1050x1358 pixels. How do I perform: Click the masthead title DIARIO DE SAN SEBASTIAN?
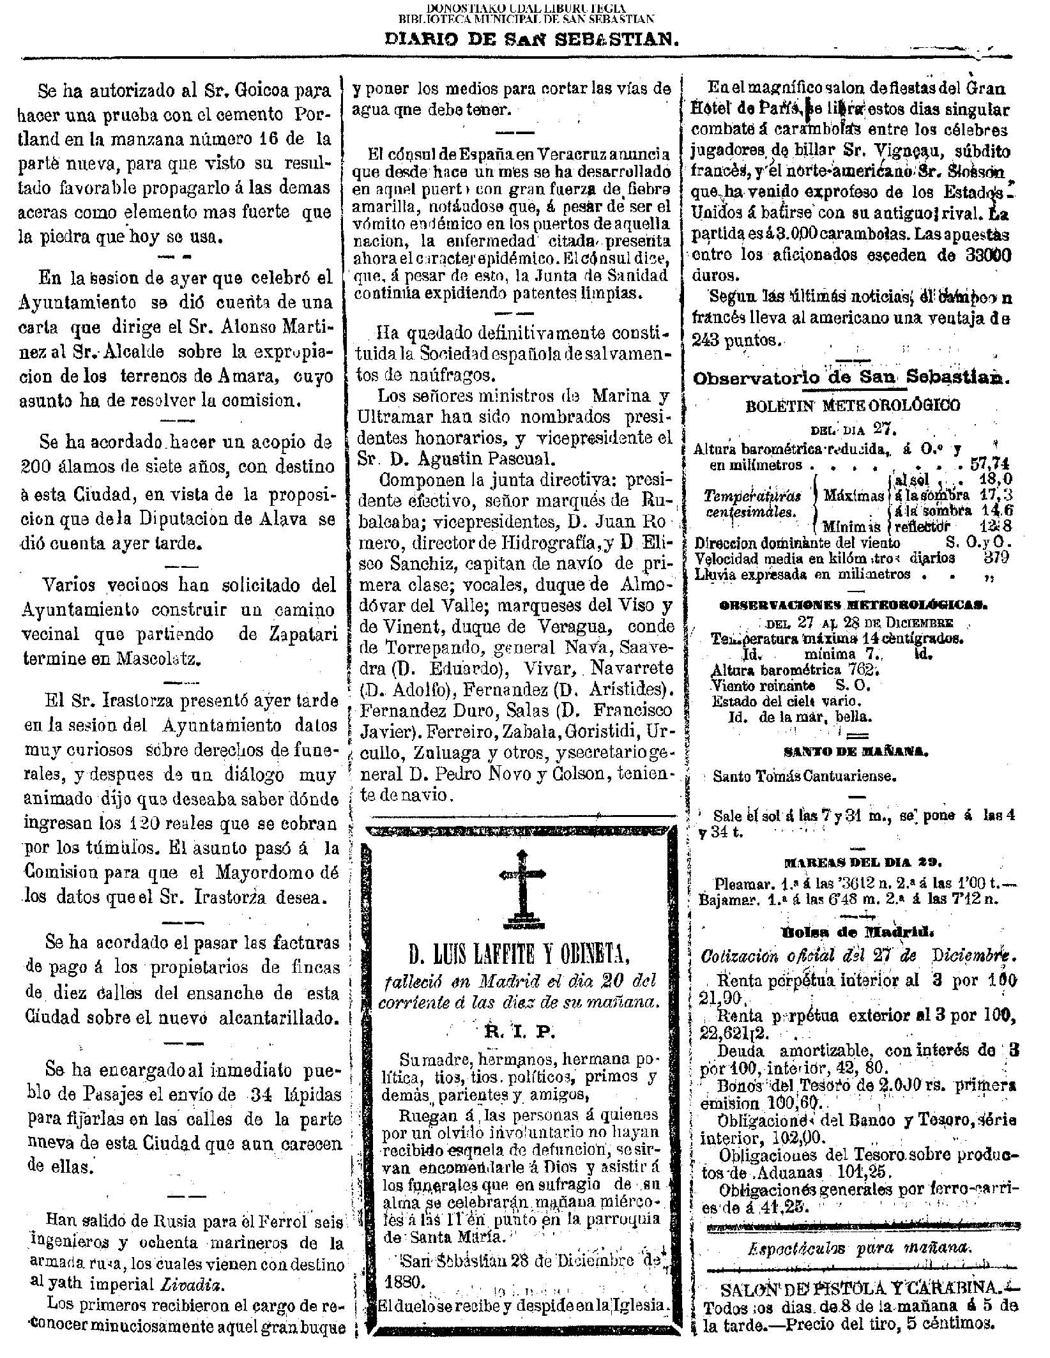pos(530,40)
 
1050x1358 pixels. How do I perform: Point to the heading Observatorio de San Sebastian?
pos(852,378)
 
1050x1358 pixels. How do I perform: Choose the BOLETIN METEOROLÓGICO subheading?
pos(853,405)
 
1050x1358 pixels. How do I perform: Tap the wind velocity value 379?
pos(996,557)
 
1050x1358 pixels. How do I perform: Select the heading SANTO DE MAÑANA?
pos(851,752)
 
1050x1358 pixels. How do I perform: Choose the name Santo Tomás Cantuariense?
pos(805,777)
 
